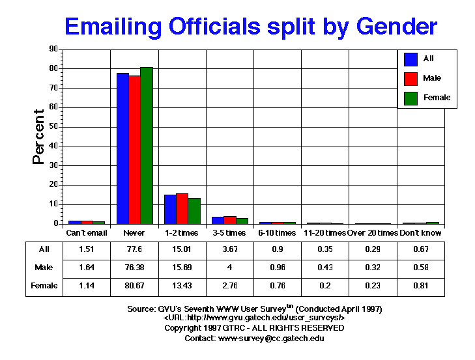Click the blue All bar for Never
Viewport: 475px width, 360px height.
pyautogui.click(x=122, y=148)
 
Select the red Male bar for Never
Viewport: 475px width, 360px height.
pyautogui.click(x=134, y=150)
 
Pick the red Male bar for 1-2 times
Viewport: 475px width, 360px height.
pyautogui.click(x=182, y=208)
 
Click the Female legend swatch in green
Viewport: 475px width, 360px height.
pyautogui.click(x=411, y=98)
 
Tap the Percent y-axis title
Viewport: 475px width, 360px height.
pyautogui.click(x=38, y=137)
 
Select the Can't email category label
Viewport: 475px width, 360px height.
pyautogui.click(x=87, y=233)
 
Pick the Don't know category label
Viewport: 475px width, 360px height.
pyautogui.click(x=421, y=233)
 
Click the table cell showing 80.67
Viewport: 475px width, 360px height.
pyautogui.click(x=134, y=285)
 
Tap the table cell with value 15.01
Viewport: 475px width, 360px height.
pyautogui.click(x=182, y=249)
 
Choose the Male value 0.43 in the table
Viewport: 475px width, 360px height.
pyautogui.click(x=324, y=268)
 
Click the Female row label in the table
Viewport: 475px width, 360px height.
pyautogui.click(x=45, y=285)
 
